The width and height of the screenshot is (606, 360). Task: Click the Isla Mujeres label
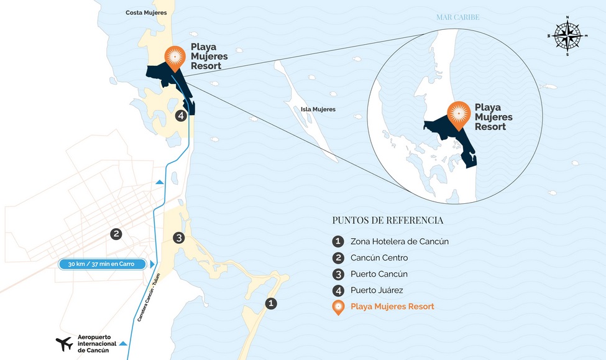[x=318, y=109]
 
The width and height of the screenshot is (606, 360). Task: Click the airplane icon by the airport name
[x=64, y=343]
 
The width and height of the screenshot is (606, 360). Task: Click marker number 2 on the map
[x=116, y=234]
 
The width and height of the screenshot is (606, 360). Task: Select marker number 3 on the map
[x=178, y=238]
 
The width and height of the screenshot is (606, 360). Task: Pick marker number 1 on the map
[x=270, y=303]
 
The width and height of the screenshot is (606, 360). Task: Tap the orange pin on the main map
[x=176, y=57]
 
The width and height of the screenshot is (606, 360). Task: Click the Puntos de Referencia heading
[x=388, y=220]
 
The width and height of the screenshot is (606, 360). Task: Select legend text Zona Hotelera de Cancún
[x=399, y=241]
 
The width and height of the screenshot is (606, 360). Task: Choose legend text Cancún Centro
[x=379, y=257]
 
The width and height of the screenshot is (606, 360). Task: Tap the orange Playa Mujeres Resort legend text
[x=392, y=307]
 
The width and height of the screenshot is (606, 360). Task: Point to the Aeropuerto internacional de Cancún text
[x=96, y=343]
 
